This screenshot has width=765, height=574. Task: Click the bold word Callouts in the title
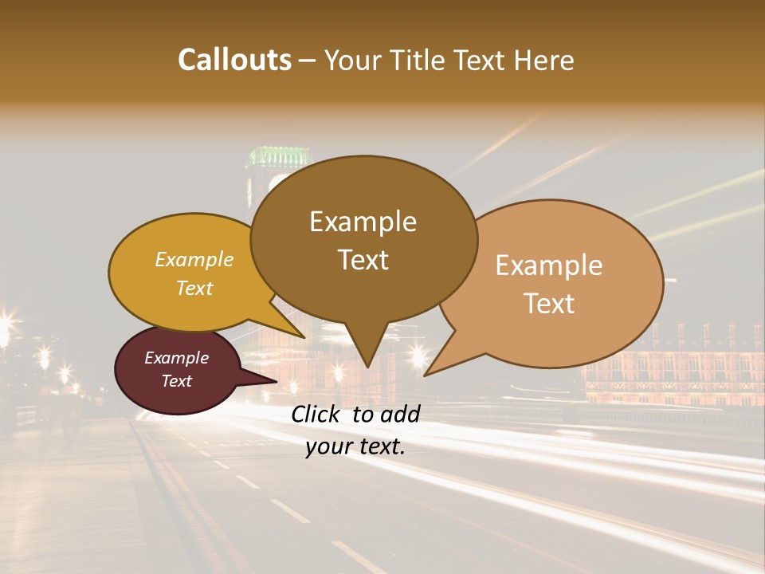[234, 60]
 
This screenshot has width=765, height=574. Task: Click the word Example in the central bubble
[363, 222]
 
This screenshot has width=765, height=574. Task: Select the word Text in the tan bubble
[550, 304]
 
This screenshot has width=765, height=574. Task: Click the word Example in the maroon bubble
[177, 358]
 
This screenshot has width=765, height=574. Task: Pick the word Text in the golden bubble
[194, 289]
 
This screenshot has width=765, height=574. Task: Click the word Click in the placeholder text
[318, 414]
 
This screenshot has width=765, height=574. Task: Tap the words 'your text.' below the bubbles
[355, 447]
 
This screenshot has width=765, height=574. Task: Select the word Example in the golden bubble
[194, 260]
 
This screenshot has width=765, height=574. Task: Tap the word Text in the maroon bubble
[177, 381]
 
